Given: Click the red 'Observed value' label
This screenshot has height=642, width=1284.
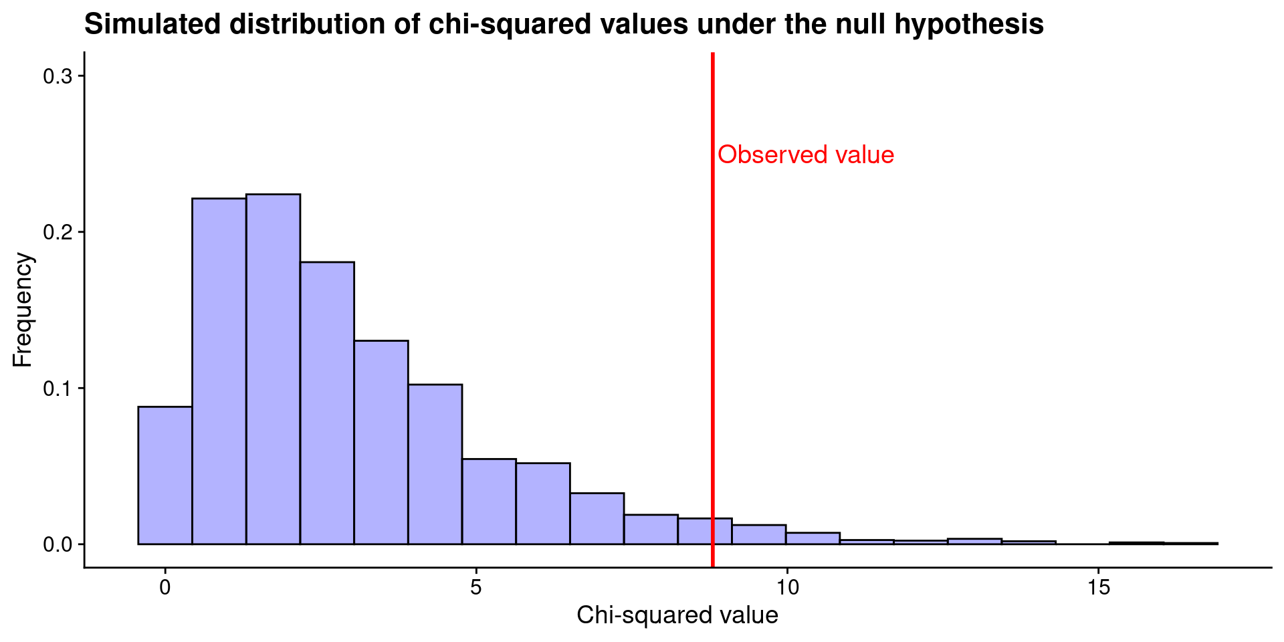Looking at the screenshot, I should tap(805, 155).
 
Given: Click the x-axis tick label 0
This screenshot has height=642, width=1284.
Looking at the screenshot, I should tap(165, 588).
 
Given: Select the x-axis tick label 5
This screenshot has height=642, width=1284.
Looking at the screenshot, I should tap(476, 588).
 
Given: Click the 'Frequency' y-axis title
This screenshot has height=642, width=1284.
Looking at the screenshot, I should tap(23, 310).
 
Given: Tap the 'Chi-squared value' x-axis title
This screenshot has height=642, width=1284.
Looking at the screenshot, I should tap(677, 615).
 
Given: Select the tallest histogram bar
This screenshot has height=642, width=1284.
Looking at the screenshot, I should tap(273, 369).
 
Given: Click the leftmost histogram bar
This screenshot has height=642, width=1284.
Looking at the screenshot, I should tap(165, 475).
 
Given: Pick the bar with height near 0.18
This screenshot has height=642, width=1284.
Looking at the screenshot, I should tap(327, 403).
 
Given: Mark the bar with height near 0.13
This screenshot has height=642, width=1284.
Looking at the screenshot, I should tap(381, 443).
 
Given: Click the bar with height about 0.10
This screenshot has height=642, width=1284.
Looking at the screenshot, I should tap(435, 465).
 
